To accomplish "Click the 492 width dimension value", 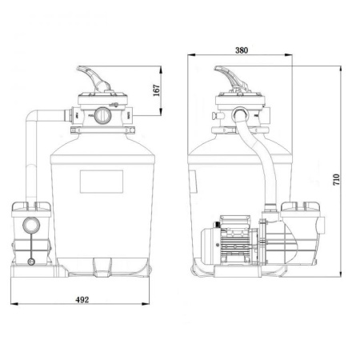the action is tap(82, 300).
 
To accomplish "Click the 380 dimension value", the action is tap(242, 50).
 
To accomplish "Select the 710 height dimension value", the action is tap(336, 179).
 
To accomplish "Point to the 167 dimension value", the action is tap(157, 90).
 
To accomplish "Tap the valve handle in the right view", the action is tap(231, 78).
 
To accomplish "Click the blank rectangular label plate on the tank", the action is tap(102, 182).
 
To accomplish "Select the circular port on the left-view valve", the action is tap(102, 115).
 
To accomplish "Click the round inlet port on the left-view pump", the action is tap(31, 226).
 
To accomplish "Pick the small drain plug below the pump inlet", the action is tap(31, 262).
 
